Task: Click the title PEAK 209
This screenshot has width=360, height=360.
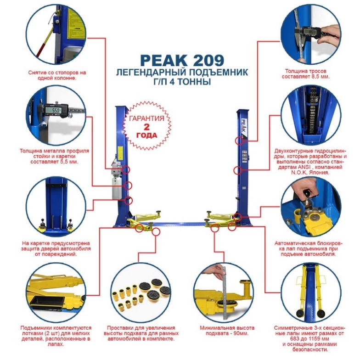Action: point(182,60)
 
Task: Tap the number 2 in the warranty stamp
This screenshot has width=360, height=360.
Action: point(147,127)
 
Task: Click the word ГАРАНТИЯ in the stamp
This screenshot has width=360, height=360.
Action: point(147,118)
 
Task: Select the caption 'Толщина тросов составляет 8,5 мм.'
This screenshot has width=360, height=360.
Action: point(306,73)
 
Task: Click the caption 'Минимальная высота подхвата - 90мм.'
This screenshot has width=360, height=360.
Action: point(227,331)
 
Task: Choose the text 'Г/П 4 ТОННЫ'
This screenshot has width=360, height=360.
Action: point(182,82)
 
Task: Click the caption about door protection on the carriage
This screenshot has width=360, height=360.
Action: point(56,249)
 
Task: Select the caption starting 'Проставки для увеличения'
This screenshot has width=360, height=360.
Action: point(141,333)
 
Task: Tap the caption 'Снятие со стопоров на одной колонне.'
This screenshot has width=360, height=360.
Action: point(57,75)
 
